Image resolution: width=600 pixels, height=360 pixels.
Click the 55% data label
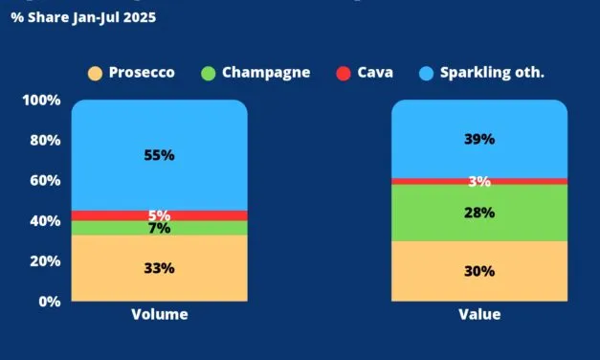pos(160,155)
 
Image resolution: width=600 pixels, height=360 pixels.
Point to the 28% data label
pos(479,213)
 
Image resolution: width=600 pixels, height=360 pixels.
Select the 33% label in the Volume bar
pos(160,268)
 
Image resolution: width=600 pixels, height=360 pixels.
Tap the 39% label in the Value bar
pos(479,139)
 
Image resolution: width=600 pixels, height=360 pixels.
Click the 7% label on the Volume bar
pos(160,228)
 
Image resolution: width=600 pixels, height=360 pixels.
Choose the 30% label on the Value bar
pos(479,271)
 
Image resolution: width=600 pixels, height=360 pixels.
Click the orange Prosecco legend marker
pos(95,73)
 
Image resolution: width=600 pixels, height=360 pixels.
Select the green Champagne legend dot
pos(209,73)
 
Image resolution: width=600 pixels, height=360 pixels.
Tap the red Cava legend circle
pos(344,73)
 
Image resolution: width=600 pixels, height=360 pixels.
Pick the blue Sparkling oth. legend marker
pos(428,73)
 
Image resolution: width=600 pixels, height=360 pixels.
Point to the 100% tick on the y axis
pos(41,101)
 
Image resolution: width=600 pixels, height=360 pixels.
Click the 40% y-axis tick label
pos(45,220)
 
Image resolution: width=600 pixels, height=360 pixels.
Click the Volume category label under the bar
pos(159,314)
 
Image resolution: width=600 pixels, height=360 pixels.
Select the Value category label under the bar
pos(479,314)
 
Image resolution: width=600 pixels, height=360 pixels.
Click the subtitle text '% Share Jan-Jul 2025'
pos(83,17)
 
